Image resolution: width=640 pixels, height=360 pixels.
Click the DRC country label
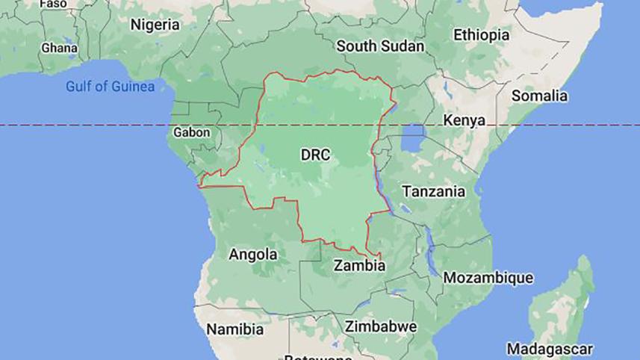point(315,155)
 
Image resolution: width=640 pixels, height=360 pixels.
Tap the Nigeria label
point(155,25)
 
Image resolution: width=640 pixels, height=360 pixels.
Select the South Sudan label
point(380,46)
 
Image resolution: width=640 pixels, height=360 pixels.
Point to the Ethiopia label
point(482,34)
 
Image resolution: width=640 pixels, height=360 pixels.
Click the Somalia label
point(539,96)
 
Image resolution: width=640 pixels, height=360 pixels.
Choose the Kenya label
point(464,120)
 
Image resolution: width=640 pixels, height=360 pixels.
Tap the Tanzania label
point(434,191)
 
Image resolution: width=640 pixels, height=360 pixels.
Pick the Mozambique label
point(488,278)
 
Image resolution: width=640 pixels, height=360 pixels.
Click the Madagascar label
point(550,348)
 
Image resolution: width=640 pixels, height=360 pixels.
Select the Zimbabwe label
point(380,326)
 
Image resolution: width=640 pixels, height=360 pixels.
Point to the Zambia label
point(360,264)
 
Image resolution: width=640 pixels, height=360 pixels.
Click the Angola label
point(253,254)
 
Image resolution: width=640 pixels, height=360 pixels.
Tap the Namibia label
point(235,329)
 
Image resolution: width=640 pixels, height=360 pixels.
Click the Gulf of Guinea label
point(110,87)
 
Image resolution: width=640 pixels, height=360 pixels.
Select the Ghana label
point(59,47)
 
